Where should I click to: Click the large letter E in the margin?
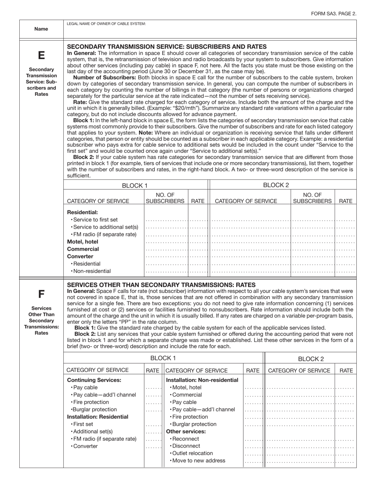tap(41, 55)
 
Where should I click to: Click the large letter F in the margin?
tap(41, 294)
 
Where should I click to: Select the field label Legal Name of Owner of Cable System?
tap(106, 24)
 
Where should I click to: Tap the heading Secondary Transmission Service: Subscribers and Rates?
tap(167, 47)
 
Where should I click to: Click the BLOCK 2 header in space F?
tap(310, 358)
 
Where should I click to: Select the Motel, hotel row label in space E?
tap(83, 242)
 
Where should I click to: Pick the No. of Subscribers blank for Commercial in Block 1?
tap(167, 250)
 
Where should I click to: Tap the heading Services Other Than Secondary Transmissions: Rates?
tap(161, 285)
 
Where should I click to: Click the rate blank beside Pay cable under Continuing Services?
tap(153, 388)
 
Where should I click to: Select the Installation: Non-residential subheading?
tap(202, 380)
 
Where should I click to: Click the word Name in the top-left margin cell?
tap(41, 29)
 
